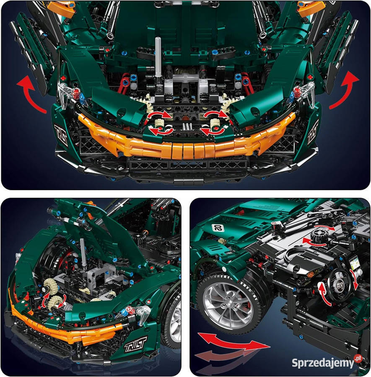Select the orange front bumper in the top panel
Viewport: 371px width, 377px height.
[184, 145]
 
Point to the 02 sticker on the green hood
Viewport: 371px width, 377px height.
[217, 228]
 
